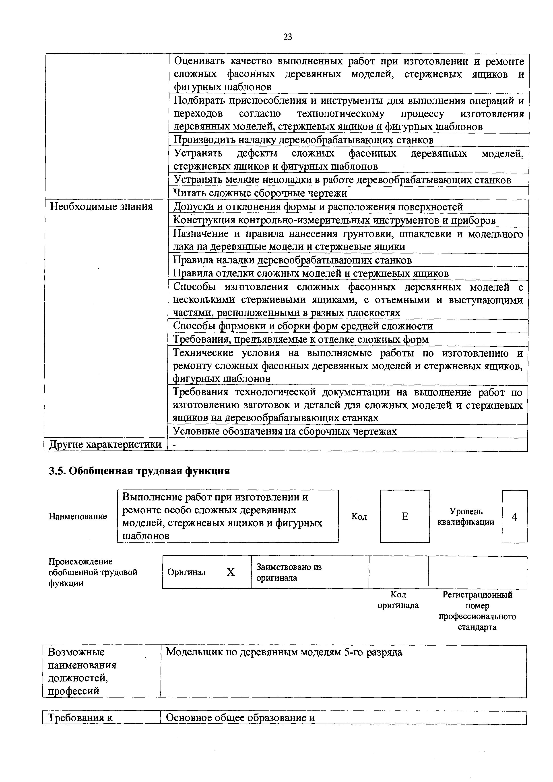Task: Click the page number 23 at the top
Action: (288, 37)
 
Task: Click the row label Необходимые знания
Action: (101, 206)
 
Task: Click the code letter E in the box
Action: (404, 517)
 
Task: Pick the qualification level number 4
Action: (514, 517)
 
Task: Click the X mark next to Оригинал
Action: (231, 572)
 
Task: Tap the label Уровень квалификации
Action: (466, 517)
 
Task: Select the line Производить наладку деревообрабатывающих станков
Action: (303, 140)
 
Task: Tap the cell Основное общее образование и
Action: (240, 718)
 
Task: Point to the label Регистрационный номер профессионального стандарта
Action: (477, 611)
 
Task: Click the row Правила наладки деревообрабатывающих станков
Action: (292, 260)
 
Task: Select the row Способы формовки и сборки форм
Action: (303, 326)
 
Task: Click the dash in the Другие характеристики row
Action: (174, 445)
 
